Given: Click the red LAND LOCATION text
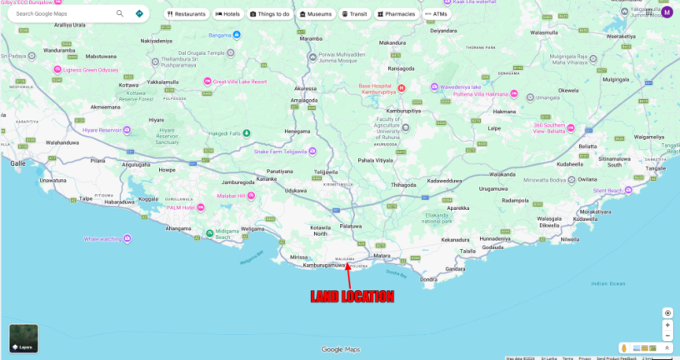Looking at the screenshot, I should [352, 297].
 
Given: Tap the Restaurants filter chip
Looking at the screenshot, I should [186, 14].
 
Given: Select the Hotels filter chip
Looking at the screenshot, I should [227, 14].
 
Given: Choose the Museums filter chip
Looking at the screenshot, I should [313, 14].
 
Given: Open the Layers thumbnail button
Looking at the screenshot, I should [23, 338].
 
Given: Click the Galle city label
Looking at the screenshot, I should [17, 163].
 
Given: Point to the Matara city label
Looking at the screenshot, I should [382, 256].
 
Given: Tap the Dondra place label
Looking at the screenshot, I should [428, 279].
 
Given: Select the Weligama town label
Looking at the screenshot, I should [252, 228].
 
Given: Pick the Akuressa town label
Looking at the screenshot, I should [305, 87].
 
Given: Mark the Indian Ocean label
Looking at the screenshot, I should [607, 283].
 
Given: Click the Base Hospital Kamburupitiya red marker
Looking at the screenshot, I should [401, 87].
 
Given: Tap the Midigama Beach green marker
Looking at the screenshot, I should [209, 233].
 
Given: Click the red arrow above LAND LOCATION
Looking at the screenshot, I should [349, 275].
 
